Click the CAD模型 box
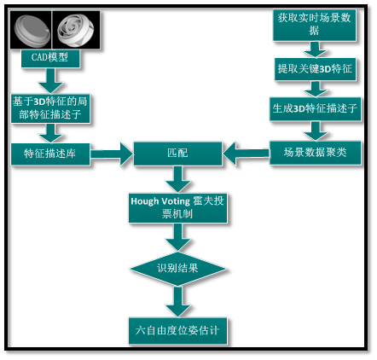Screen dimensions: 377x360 click(x=50, y=58)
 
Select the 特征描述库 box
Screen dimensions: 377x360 click(x=50, y=154)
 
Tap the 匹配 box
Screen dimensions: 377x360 click(x=177, y=154)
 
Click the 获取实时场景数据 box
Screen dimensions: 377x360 click(x=315, y=25)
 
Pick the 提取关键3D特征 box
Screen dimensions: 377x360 click(x=315, y=69)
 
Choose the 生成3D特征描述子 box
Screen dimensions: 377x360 click(x=315, y=109)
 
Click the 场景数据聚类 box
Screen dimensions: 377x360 click(x=315, y=153)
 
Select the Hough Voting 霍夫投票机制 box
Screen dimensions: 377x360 click(x=177, y=208)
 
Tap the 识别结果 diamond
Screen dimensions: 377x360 click(x=177, y=269)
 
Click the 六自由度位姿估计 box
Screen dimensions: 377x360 click(x=177, y=331)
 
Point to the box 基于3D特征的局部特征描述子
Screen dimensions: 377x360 click(x=50, y=108)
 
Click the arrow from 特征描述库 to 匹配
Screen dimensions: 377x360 click(x=112, y=154)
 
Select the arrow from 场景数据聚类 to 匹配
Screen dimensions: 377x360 click(x=246, y=154)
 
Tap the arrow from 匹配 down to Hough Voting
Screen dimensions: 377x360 click(x=178, y=179)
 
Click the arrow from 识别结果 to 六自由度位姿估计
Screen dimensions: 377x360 click(x=178, y=301)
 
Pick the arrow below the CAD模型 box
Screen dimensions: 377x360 click(x=50, y=81)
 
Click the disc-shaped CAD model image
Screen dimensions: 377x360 click(x=31, y=30)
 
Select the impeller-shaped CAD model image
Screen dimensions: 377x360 click(x=76, y=30)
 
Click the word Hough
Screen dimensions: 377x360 click(x=145, y=201)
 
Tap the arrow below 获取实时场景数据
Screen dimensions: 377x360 click(x=315, y=49)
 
